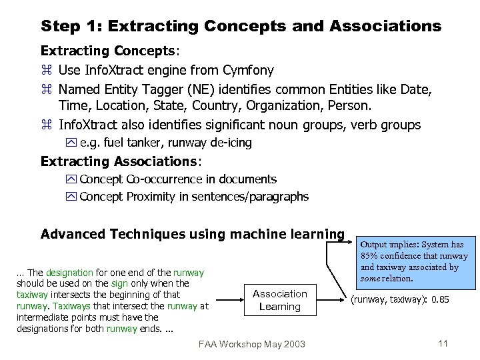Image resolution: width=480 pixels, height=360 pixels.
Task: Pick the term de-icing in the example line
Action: coord(231,142)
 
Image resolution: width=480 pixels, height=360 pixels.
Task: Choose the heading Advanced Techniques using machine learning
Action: coord(192,234)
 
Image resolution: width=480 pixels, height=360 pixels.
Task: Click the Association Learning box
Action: coord(280,300)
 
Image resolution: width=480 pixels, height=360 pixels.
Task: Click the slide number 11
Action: coord(442,343)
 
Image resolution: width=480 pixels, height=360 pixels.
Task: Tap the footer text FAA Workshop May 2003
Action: coord(252,344)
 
